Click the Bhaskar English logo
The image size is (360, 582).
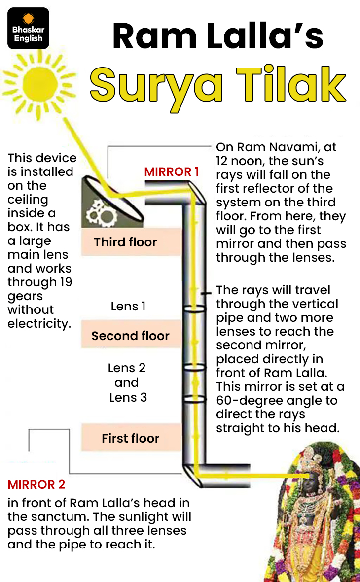(x=28, y=28)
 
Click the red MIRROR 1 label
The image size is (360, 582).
(x=172, y=172)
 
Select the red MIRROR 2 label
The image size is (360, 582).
(x=36, y=484)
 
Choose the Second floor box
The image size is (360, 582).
(x=130, y=336)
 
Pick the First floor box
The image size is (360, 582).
(x=130, y=438)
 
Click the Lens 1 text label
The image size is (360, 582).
(x=128, y=306)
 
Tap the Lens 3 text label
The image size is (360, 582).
(x=128, y=397)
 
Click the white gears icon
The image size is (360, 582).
(x=102, y=213)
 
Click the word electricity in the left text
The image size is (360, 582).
(x=39, y=324)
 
